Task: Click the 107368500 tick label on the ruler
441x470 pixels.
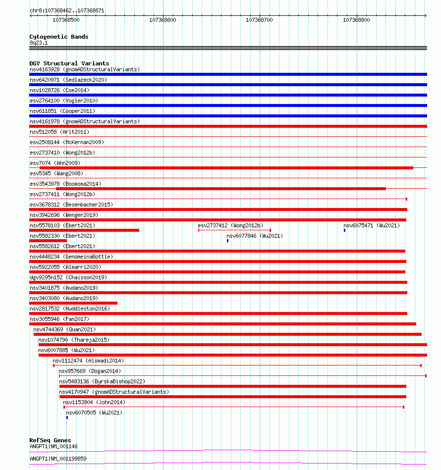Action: point(65,20)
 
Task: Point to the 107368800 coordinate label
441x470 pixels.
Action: point(356,20)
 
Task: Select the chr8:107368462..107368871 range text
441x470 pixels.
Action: point(67,10)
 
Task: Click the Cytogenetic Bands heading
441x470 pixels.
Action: point(58,37)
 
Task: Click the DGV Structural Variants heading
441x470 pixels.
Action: point(69,63)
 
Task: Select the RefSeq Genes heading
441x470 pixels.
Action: point(50,440)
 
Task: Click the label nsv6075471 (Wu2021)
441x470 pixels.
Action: point(371,225)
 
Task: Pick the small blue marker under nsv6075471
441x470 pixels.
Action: point(345,230)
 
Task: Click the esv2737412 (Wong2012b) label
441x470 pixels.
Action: point(230,225)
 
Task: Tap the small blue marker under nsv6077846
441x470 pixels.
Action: point(227,241)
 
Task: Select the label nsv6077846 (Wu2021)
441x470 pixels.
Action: point(254,236)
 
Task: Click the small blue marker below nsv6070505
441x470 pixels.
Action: point(67,418)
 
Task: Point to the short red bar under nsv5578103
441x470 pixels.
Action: point(84,230)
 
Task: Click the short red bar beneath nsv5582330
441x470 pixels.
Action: point(48,241)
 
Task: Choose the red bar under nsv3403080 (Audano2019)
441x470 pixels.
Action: point(73,303)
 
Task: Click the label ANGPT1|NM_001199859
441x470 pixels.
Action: point(58,459)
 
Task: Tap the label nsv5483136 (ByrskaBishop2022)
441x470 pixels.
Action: point(102,381)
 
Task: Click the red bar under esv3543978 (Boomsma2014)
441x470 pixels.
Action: point(220,189)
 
